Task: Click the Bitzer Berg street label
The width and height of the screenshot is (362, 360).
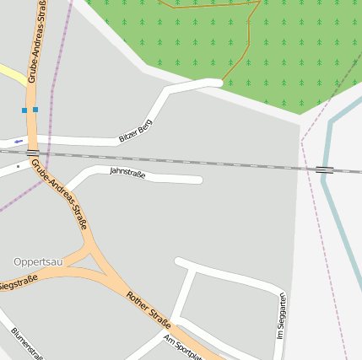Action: tap(135, 130)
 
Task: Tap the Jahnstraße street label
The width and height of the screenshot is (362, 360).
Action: tap(127, 174)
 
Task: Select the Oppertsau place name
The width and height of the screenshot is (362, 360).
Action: tap(39, 261)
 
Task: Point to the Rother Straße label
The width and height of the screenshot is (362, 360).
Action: tap(149, 309)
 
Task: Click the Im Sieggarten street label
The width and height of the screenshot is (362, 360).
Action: tap(282, 317)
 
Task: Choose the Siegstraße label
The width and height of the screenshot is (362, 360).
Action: tap(17, 283)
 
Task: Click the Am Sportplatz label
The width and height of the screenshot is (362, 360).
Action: tap(183, 346)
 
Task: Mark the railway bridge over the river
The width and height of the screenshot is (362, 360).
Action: tap(325, 170)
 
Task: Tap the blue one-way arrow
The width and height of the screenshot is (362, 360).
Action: tap(19, 141)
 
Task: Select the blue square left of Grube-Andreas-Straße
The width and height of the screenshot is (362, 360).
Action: tap(24, 110)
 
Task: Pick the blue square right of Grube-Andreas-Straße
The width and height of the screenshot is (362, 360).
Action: tap(35, 110)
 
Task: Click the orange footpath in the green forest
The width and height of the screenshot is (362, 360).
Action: tap(248, 42)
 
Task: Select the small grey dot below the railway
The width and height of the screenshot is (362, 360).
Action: tap(18, 166)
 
